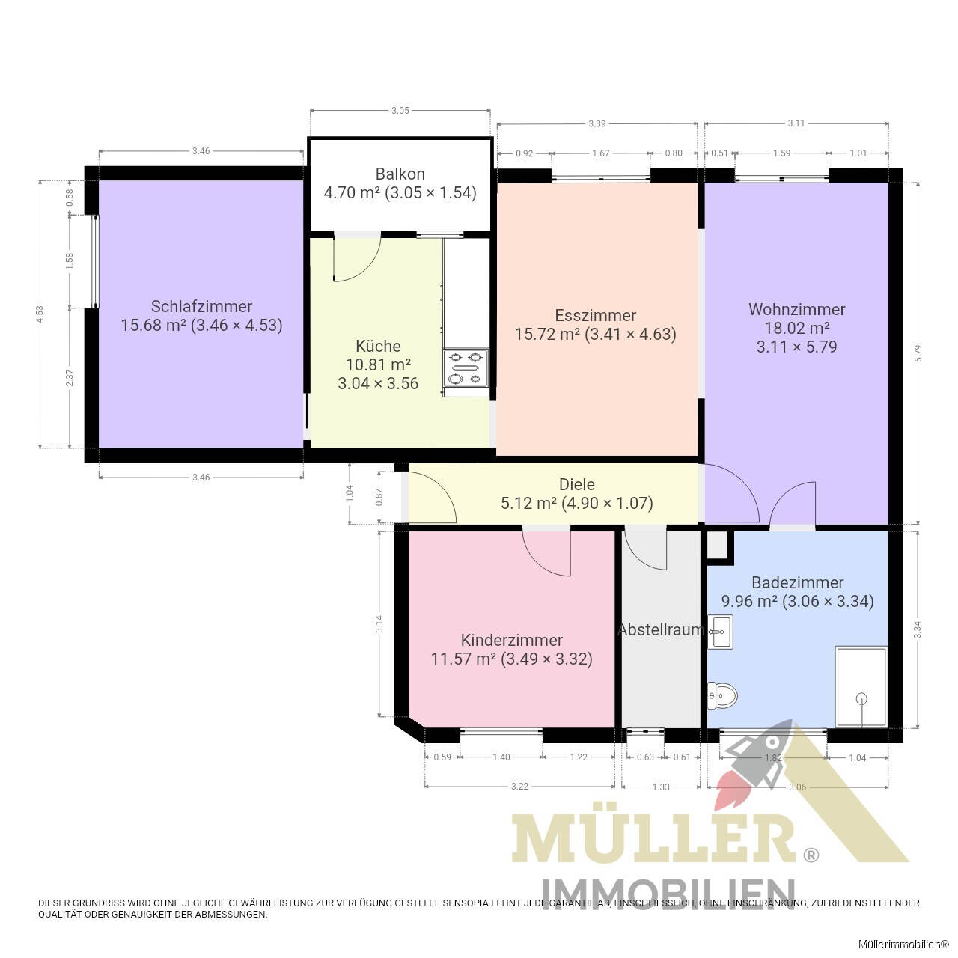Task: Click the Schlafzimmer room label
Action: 201,306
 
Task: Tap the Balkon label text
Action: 400,174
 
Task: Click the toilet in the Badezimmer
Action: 722,696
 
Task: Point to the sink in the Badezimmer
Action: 721,632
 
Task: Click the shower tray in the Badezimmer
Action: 861,687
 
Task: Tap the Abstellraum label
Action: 659,630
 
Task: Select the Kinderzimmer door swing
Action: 548,552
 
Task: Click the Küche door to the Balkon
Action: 357,258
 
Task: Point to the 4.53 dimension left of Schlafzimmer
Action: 40,314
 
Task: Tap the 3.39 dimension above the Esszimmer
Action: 597,123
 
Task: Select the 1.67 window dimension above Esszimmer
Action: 600,153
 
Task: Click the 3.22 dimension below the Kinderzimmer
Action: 519,787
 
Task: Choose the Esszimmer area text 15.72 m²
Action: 546,335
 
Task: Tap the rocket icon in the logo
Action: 748,763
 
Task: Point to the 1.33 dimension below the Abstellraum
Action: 660,787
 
